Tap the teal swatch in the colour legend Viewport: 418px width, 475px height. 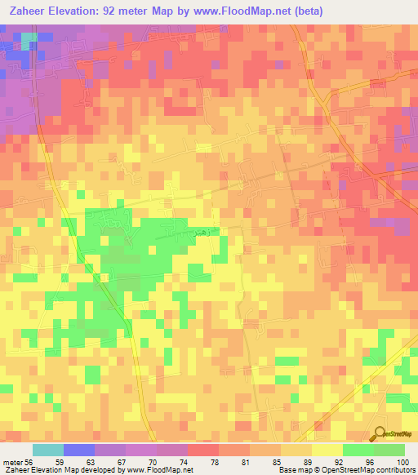pyautogui.click(x=48, y=450)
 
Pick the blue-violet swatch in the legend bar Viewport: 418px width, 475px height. pyautogui.click(x=79, y=450)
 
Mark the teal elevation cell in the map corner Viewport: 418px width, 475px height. pyautogui.click(x=28, y=38)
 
